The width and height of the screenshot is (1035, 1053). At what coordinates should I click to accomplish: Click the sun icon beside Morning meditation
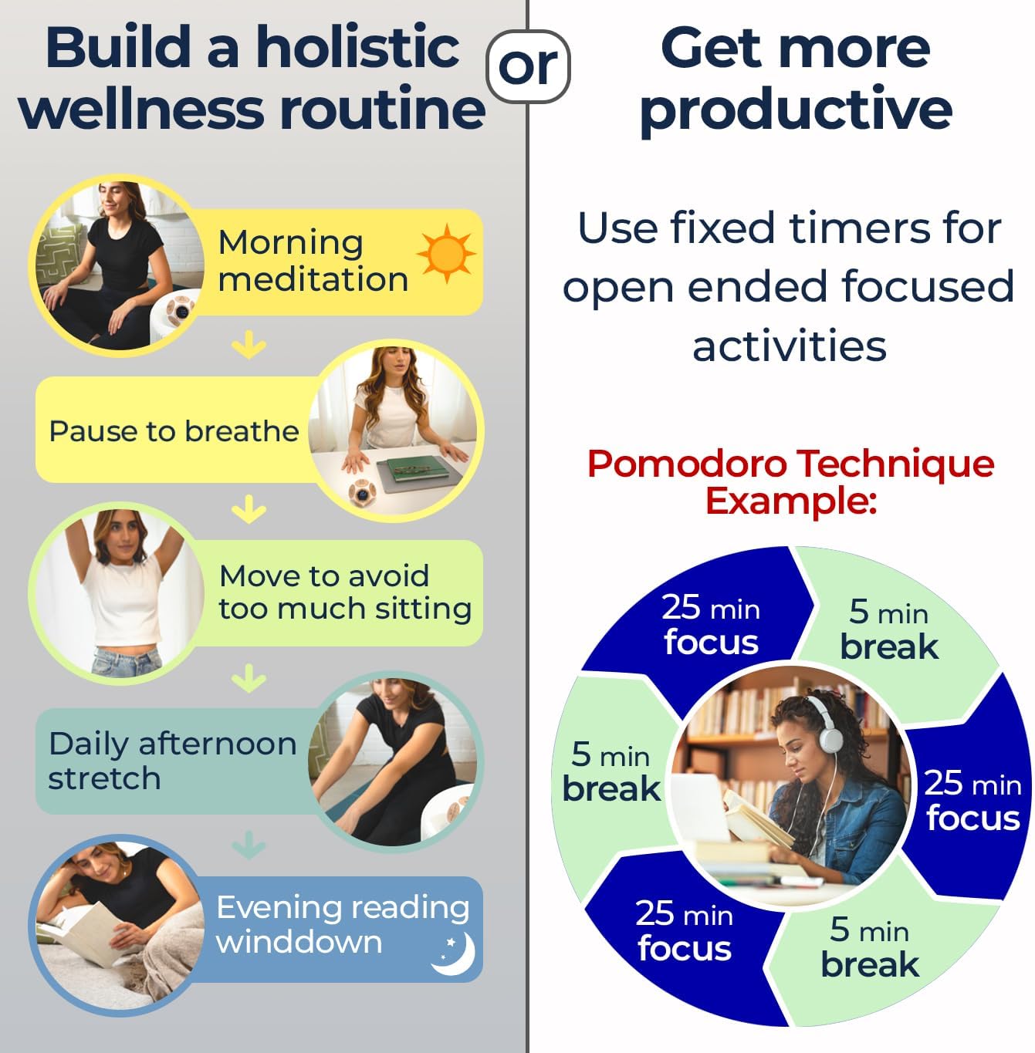pos(447,254)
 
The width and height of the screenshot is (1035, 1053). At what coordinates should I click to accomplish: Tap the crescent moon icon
pos(454,953)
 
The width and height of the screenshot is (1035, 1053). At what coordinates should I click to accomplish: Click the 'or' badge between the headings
pos(528,66)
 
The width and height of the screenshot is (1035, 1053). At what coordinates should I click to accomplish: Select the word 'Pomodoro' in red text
pos(687,464)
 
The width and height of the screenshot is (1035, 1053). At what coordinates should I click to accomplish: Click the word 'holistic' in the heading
pos(358,47)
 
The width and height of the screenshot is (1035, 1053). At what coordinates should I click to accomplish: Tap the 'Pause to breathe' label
pos(174,431)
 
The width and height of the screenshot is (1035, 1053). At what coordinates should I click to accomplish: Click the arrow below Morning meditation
pos(249,344)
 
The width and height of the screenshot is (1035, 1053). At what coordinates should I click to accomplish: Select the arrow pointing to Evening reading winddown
pos(249,845)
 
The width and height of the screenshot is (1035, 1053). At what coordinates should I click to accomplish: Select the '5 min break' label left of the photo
pos(611,771)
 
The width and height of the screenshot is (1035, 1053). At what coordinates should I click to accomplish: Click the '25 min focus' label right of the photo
pos(972,800)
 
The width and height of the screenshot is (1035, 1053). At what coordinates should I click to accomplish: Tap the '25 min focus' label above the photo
pos(711,624)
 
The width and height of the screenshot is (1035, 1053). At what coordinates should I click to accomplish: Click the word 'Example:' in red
pos(790,501)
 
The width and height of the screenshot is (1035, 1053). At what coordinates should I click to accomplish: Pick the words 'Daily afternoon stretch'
pos(172,761)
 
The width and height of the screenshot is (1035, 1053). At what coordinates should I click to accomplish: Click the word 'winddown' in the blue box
pos(299,942)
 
